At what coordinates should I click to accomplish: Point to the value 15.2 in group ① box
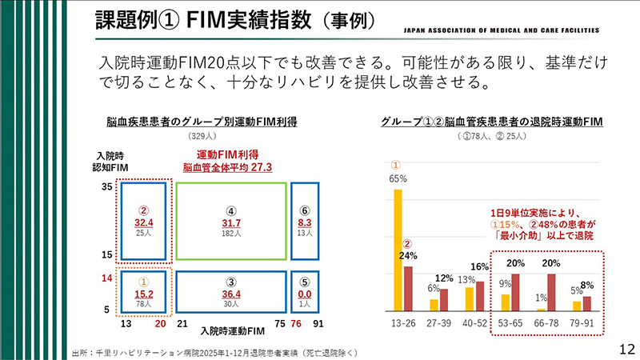(144, 294)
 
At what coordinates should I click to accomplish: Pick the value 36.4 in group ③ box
(231, 294)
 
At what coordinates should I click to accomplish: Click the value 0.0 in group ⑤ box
(304, 294)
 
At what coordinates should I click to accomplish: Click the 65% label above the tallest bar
(398, 178)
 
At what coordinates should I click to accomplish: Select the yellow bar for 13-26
(398, 250)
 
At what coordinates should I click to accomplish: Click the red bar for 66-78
(551, 292)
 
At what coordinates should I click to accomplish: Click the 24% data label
(408, 256)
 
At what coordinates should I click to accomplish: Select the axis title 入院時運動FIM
(231, 330)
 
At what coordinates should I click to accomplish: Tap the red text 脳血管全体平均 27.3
(227, 168)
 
